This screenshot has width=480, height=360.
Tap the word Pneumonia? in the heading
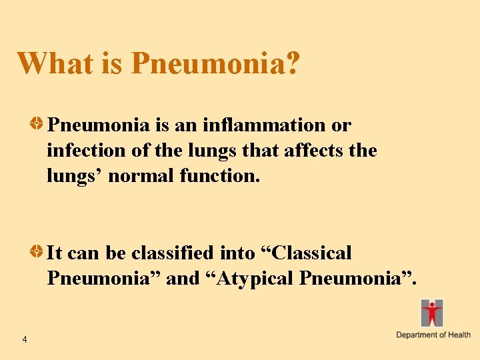pos(215,63)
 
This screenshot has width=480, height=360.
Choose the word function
pos(220,176)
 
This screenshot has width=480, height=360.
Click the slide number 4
pos(24,340)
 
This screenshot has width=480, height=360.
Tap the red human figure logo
pos(432,313)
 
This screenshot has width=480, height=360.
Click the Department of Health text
pos(433,335)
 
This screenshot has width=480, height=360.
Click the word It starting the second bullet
pos(55,253)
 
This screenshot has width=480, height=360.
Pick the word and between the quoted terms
pos(182,279)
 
